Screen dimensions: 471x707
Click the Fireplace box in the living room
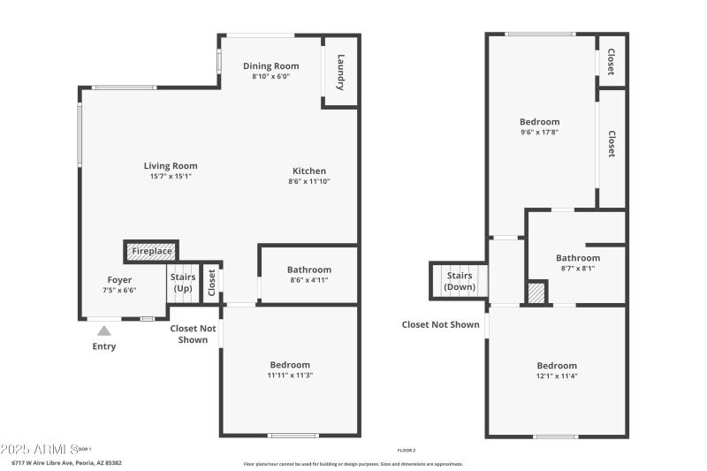click(151, 252)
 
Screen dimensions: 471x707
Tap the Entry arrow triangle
click(104, 331)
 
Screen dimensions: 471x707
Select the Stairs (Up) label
click(183, 283)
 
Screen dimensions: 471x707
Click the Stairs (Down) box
click(459, 281)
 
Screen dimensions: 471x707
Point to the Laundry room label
click(340, 72)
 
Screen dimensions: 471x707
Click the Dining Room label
click(270, 65)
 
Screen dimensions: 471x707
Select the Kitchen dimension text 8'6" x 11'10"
click(308, 181)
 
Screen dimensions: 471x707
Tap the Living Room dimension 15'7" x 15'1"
click(171, 176)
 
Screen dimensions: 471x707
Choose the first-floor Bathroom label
click(309, 270)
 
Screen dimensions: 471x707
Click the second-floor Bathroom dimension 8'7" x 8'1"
click(579, 269)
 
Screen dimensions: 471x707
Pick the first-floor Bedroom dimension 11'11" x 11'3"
click(289, 376)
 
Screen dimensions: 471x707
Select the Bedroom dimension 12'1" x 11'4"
click(557, 376)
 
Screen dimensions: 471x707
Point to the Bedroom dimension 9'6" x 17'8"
click(539, 132)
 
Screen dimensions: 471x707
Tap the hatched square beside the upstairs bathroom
click(536, 292)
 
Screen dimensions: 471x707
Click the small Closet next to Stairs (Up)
click(211, 284)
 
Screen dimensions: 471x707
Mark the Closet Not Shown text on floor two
click(440, 324)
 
